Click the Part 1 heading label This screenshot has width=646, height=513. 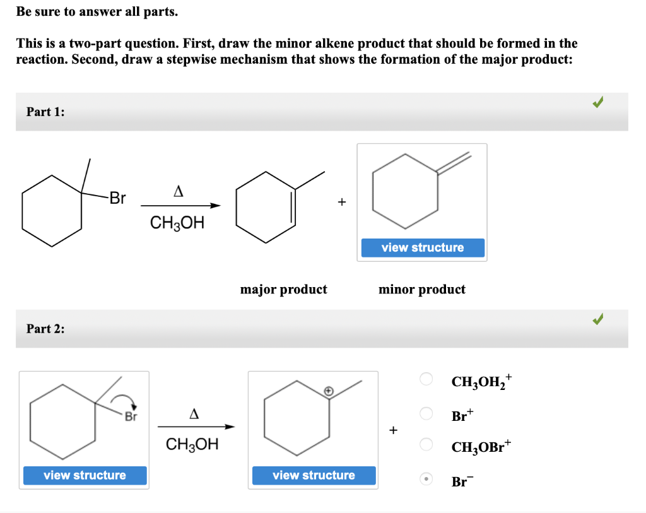45,112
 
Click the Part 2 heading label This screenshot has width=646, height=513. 45,328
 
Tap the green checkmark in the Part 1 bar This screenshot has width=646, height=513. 598,102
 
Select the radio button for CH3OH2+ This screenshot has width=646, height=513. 426,379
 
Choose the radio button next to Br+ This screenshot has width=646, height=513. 426,414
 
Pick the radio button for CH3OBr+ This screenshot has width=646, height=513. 426,445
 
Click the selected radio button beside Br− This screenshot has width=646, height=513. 426,480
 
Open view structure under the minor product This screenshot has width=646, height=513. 423,247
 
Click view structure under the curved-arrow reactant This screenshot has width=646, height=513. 85,475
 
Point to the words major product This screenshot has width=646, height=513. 284,290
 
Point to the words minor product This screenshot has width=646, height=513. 422,290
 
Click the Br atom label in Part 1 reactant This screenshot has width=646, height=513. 117,199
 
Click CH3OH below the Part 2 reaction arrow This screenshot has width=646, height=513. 192,444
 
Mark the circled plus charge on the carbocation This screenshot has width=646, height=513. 328,391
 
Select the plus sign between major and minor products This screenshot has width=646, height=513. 341,203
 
